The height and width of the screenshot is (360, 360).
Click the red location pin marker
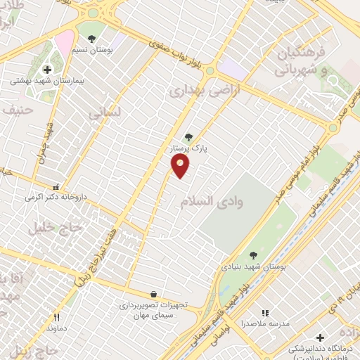tap(181, 165)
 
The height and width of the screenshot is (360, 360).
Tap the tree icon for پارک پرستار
tap(188, 137)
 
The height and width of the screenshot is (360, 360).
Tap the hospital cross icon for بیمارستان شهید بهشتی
tap(47, 70)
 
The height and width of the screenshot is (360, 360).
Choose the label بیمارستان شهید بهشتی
tap(47, 82)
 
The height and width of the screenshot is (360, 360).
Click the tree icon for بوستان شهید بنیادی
tap(253, 255)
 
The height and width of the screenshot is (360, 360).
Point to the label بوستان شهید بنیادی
tap(253, 267)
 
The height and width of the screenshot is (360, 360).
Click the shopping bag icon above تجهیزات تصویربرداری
tap(154, 295)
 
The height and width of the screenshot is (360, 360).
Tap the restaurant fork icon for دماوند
tap(56, 317)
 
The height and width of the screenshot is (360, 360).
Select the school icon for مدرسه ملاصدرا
tap(264, 313)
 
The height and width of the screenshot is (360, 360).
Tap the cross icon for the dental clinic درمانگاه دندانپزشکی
tap(321, 338)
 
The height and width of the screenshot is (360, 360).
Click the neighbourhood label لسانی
tap(105, 112)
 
